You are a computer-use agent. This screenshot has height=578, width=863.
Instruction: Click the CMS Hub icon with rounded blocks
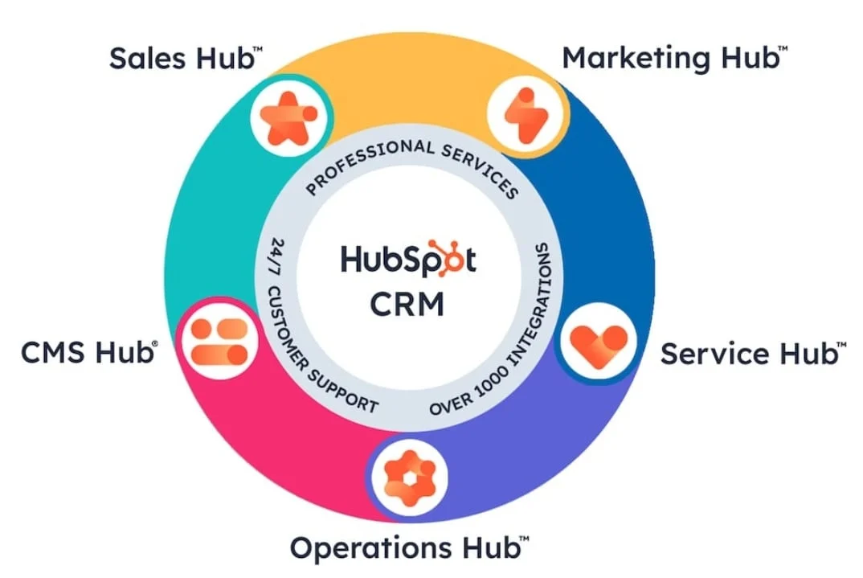(x=215, y=340)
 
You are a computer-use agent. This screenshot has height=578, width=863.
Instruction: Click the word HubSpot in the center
(x=408, y=259)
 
